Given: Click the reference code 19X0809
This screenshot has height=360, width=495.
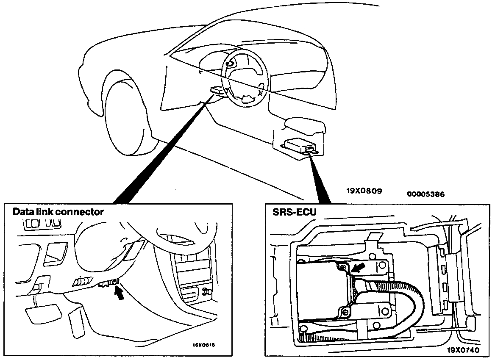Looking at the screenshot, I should coord(364,191).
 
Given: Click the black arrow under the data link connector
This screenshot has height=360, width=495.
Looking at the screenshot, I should coord(121,294).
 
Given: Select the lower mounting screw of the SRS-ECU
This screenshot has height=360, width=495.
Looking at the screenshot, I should coord(347,312).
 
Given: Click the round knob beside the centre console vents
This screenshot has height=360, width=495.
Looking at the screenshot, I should coord(207,291).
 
